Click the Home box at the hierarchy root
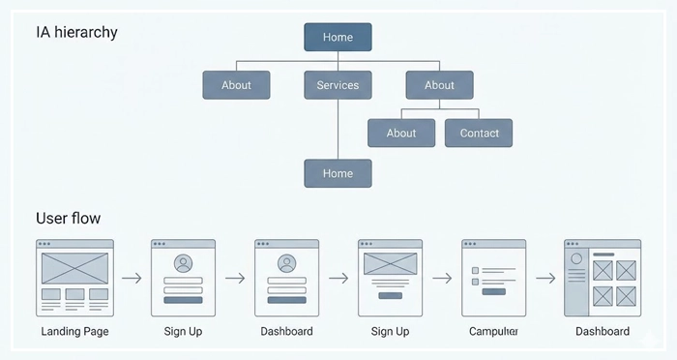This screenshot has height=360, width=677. point(338,37)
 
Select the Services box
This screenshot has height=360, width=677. point(338,85)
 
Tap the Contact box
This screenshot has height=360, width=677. point(479,134)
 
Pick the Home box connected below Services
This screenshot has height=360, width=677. point(338,173)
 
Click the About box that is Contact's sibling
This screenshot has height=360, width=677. point(401,134)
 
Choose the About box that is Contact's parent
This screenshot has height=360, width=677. point(439,85)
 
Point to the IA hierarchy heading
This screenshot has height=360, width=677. point(76,32)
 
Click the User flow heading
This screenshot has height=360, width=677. point(68,218)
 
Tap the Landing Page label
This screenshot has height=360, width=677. point(74,332)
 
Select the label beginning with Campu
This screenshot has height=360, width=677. point(493,332)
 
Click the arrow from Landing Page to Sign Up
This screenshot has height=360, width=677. point(132,279)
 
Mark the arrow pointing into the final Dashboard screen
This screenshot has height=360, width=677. point(545,279)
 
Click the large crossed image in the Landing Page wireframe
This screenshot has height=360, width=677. point(74,267)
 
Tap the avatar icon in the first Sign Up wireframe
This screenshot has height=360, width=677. point(183,263)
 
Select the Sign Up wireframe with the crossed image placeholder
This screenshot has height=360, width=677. point(390,278)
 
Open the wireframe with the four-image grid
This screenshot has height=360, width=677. point(602,278)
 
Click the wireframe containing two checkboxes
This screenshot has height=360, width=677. point(493,278)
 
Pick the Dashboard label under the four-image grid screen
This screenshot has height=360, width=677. point(602,332)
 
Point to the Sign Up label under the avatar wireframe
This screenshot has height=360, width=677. point(183,332)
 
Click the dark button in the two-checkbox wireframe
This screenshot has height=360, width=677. point(493,290)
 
